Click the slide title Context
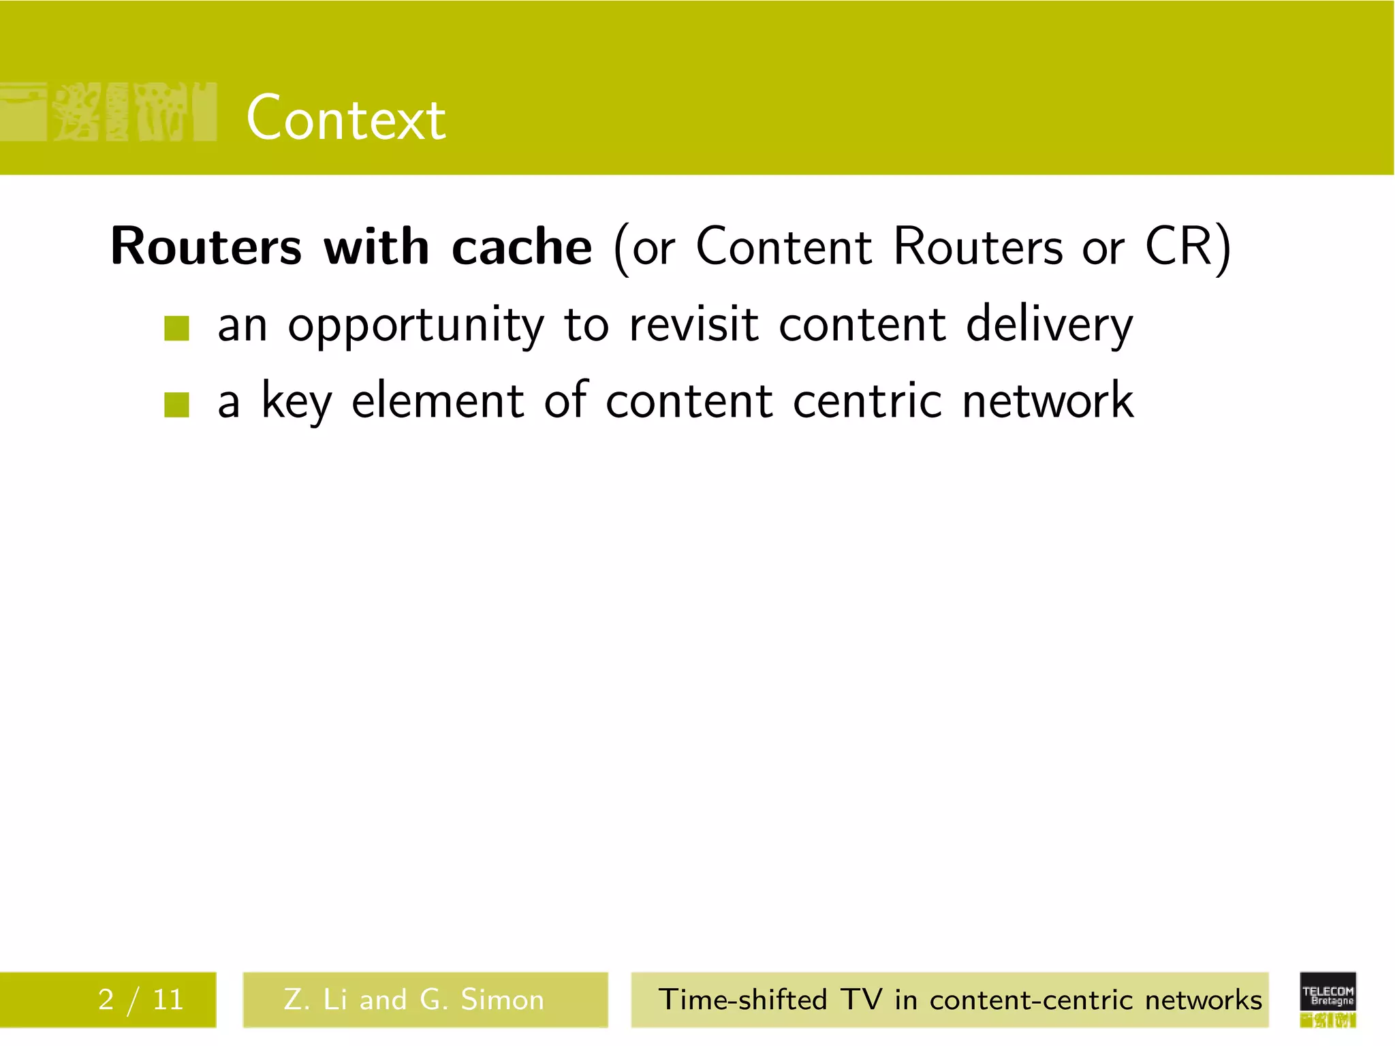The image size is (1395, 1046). click(x=346, y=118)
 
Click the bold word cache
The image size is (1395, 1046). click(x=522, y=247)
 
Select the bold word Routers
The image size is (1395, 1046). click(x=206, y=247)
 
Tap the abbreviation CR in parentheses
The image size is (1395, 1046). click(x=1179, y=247)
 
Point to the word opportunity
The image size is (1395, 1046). click(x=416, y=326)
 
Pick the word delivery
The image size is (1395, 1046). click(x=1050, y=326)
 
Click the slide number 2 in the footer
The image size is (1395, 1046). click(x=106, y=1000)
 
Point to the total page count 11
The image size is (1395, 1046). click(x=168, y=1000)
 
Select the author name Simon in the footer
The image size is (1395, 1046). click(x=503, y=1000)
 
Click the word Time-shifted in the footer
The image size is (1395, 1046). click(x=742, y=1000)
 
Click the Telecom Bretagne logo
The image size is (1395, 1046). click(x=1328, y=998)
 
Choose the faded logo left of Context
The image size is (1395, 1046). click(x=109, y=112)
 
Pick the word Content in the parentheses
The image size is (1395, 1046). click(x=783, y=247)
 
